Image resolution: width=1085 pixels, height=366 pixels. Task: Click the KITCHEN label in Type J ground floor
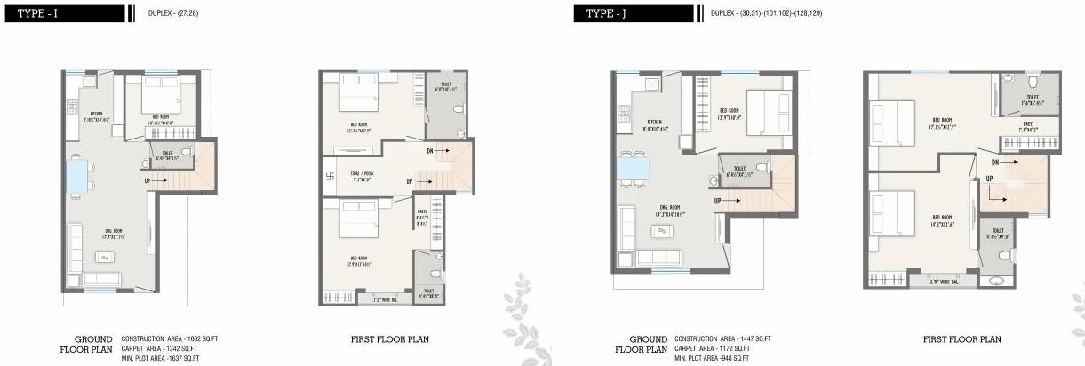point(655,124)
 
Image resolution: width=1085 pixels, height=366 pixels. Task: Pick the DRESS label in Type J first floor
point(1027,126)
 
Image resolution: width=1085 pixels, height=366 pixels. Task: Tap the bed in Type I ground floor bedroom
point(160,92)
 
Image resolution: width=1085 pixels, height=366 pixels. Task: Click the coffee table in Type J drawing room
point(662,231)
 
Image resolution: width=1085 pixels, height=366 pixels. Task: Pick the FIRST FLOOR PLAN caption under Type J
point(961,339)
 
